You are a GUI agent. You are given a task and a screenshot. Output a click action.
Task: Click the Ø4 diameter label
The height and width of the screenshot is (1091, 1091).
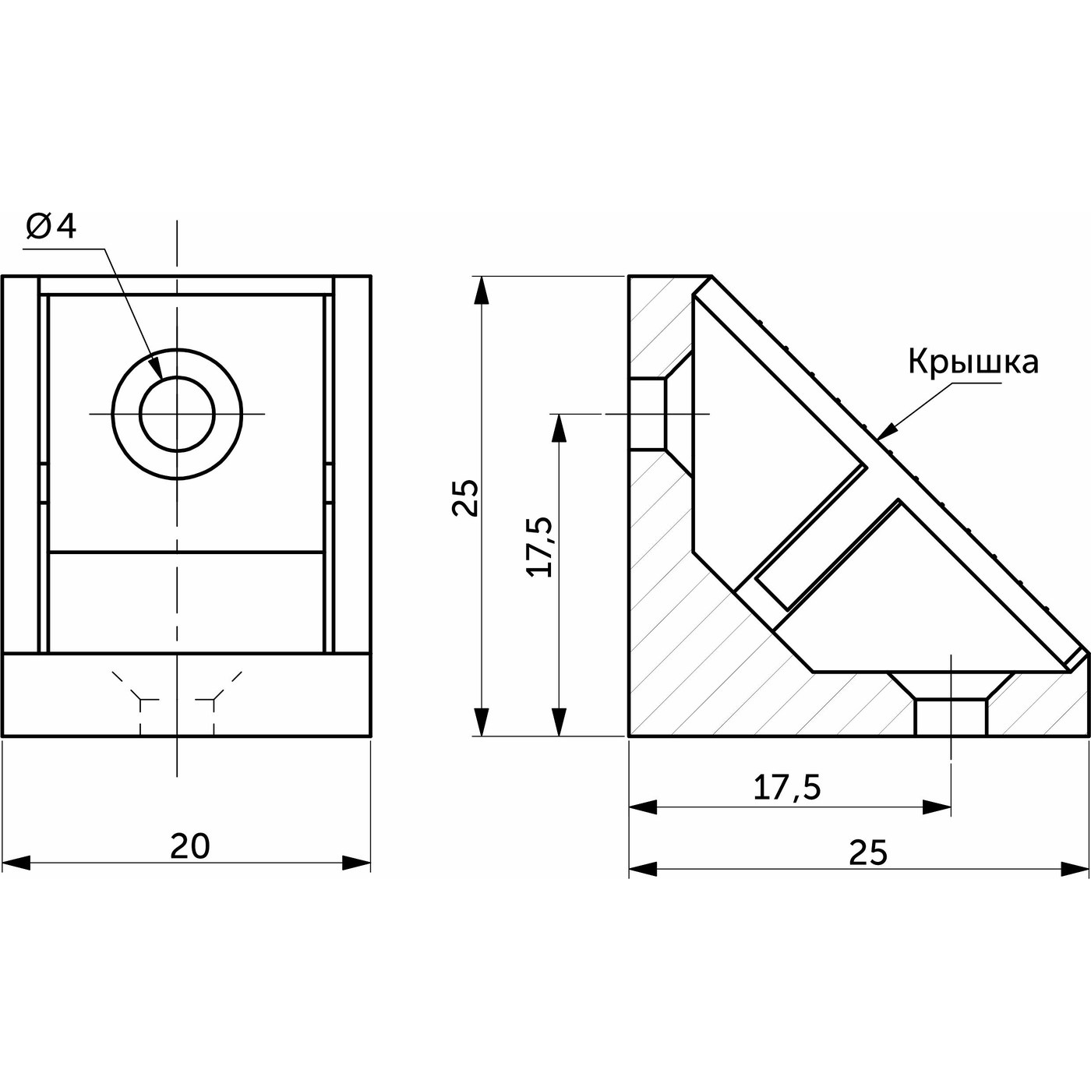click(51, 227)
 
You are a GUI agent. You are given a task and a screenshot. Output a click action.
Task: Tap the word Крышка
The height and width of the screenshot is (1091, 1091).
click(973, 362)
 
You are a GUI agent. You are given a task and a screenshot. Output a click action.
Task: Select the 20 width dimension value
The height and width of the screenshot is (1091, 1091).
click(190, 846)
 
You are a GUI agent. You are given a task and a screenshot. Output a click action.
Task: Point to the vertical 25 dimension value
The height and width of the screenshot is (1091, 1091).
click(465, 498)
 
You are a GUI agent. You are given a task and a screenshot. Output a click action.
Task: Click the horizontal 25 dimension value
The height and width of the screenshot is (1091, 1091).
click(868, 853)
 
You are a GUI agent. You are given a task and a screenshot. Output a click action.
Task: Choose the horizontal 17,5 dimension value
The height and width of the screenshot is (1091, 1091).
click(787, 789)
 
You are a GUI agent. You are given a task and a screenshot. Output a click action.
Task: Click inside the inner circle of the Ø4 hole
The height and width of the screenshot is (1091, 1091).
click(178, 414)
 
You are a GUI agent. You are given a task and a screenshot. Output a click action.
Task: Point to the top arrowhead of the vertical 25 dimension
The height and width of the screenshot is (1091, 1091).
click(483, 290)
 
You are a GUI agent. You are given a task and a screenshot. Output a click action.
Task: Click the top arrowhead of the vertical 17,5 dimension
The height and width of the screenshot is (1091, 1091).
click(558, 428)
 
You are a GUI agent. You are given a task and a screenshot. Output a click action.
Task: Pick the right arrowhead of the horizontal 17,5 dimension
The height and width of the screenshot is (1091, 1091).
click(937, 807)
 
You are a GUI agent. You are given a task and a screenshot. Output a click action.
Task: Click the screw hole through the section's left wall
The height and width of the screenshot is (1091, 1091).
click(648, 414)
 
